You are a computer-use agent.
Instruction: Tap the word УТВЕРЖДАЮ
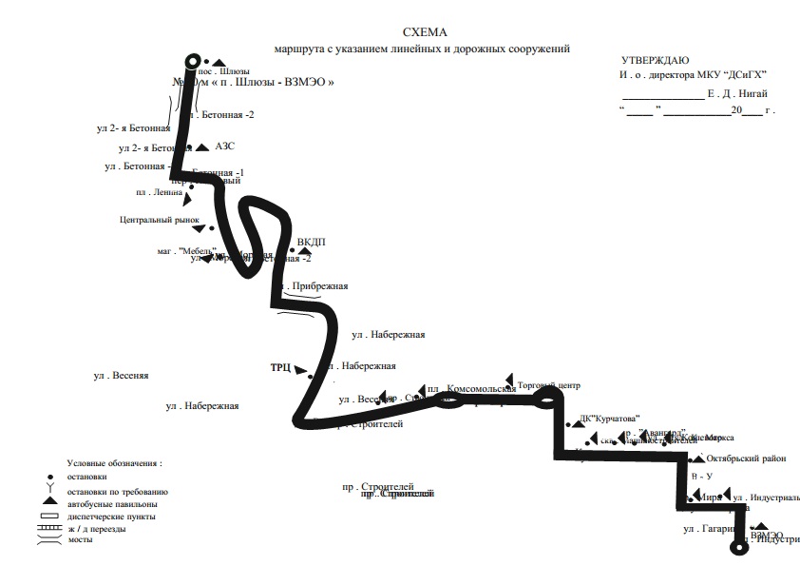[657, 61]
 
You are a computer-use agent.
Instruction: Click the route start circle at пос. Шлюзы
[193, 61]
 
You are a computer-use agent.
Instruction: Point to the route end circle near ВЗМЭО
[738, 547]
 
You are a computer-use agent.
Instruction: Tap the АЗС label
[224, 146]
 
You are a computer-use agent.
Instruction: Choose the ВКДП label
[311, 242]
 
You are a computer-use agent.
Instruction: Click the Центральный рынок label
[160, 219]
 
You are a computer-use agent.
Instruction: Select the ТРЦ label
[280, 367]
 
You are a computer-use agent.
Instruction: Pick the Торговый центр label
[548, 385]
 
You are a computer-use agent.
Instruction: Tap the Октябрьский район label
[747, 459]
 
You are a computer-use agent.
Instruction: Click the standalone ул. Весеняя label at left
[121, 376]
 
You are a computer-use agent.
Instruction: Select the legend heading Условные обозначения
[115, 463]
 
